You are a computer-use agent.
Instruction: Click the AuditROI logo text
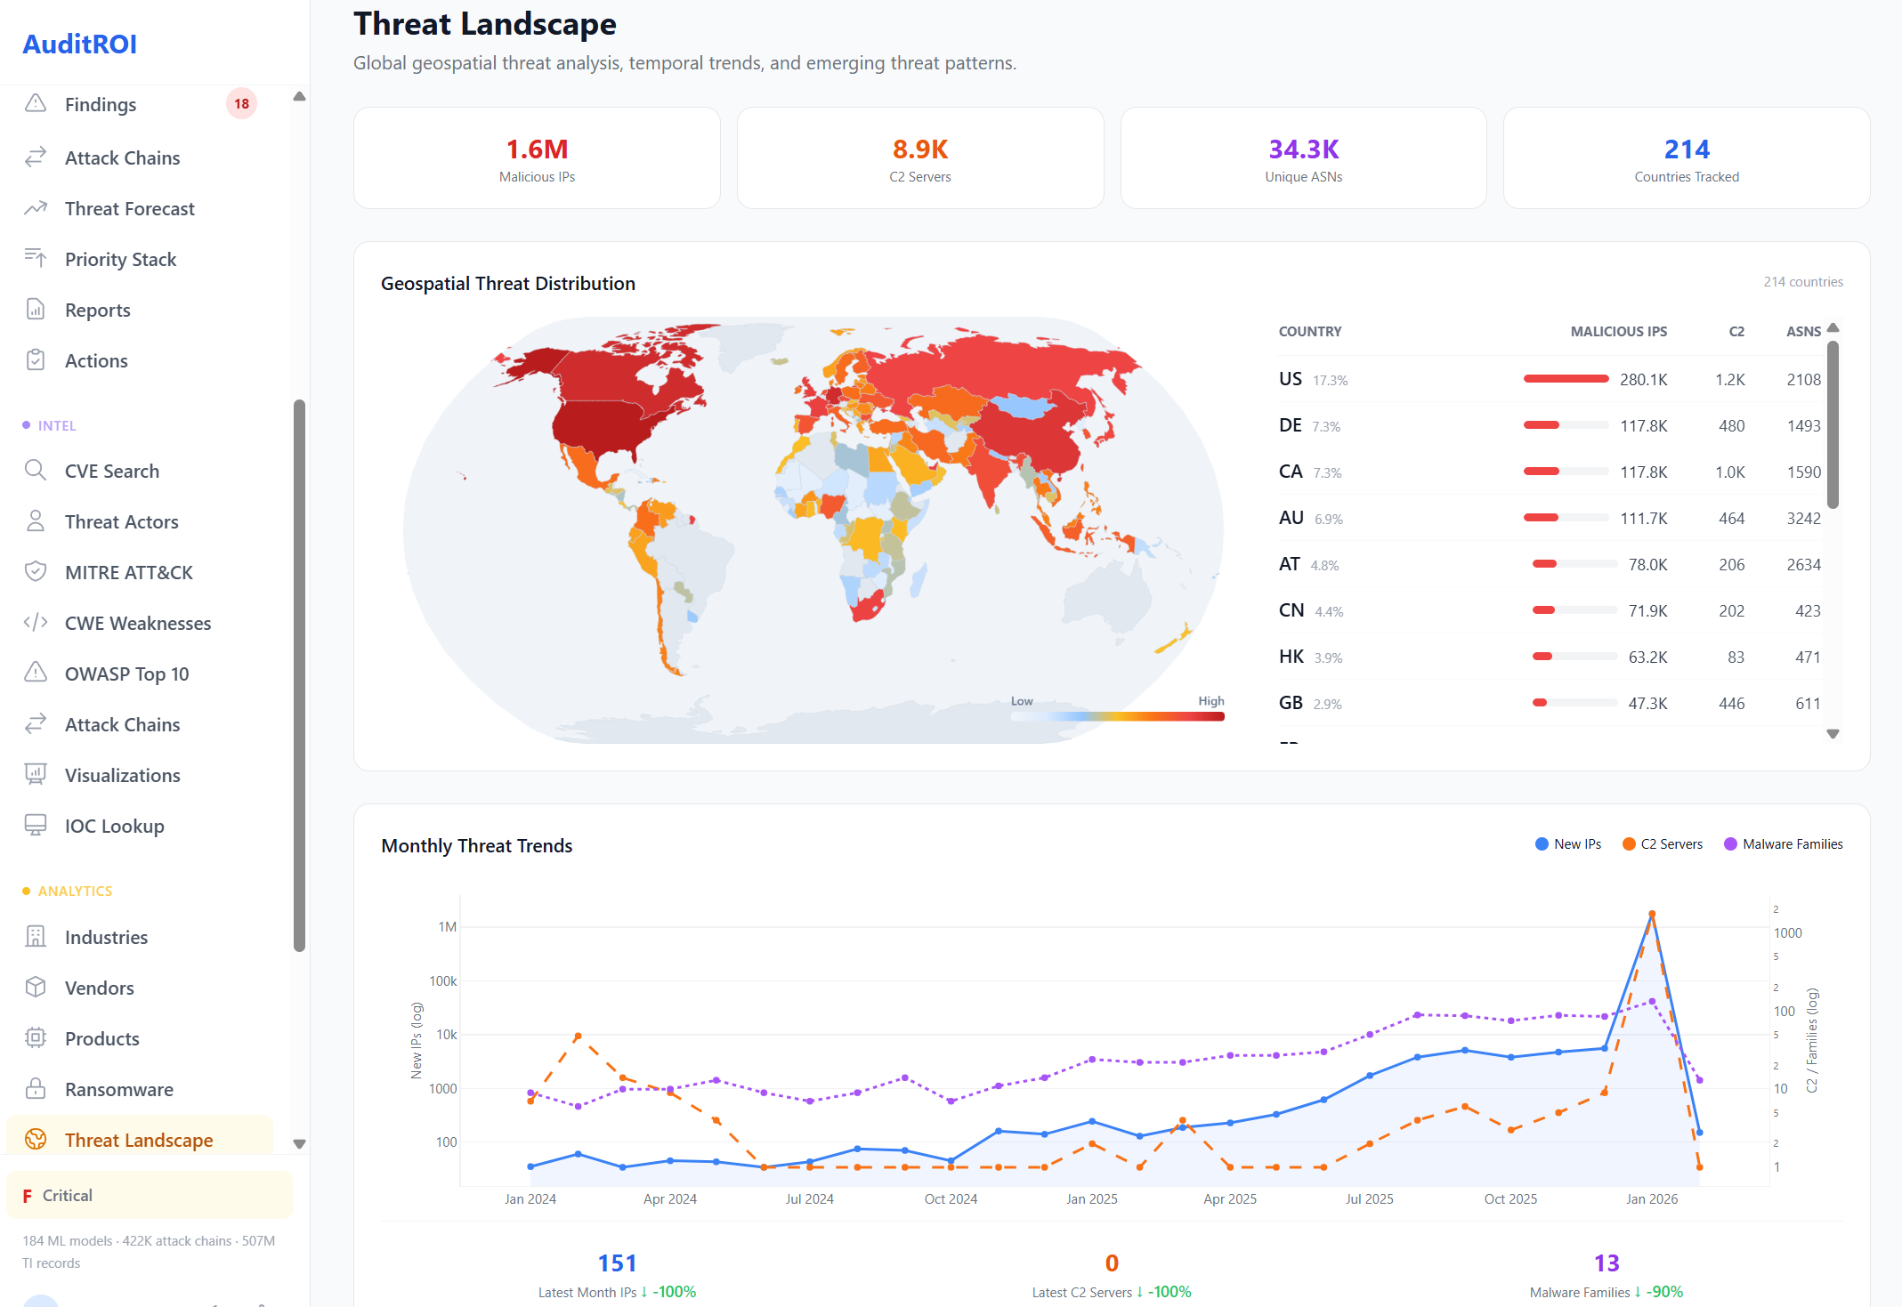click(79, 44)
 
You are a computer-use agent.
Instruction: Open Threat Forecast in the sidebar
click(129, 208)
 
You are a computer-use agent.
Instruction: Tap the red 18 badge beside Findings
click(241, 104)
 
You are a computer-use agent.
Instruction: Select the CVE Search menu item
click(111, 471)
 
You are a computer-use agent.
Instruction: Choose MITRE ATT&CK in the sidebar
click(128, 572)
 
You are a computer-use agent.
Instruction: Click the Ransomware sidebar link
click(118, 1089)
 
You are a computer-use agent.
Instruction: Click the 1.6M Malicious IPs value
click(537, 149)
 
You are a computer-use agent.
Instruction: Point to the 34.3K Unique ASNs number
click(1303, 149)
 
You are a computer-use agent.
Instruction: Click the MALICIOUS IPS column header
click(1618, 331)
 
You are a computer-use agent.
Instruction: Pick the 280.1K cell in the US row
click(1643, 379)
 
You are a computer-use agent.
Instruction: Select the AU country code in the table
click(1291, 518)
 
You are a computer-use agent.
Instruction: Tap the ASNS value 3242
click(1803, 518)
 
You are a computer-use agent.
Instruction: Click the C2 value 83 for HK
click(1736, 657)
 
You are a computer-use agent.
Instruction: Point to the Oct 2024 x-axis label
click(951, 1198)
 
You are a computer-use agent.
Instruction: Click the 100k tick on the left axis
click(443, 980)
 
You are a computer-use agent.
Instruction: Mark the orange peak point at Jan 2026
click(1652, 914)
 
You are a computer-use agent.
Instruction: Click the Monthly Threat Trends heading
click(476, 845)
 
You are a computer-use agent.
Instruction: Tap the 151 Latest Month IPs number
click(617, 1263)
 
